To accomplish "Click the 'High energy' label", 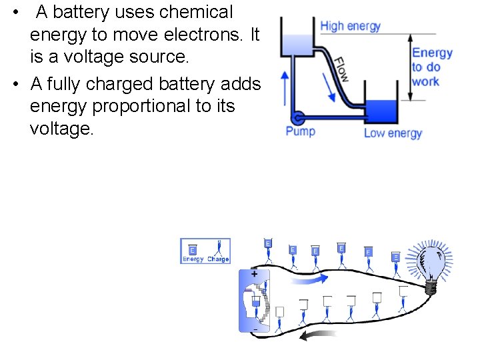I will coord(350,27).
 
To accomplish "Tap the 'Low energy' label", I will coord(393,133).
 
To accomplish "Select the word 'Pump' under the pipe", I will coord(300,131).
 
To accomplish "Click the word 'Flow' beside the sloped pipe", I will coord(340,69).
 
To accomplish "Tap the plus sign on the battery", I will coord(254,273).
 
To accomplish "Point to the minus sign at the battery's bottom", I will coord(254,329).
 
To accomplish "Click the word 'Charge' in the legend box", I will coord(218,259).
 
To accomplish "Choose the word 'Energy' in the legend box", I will coord(193,259).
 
